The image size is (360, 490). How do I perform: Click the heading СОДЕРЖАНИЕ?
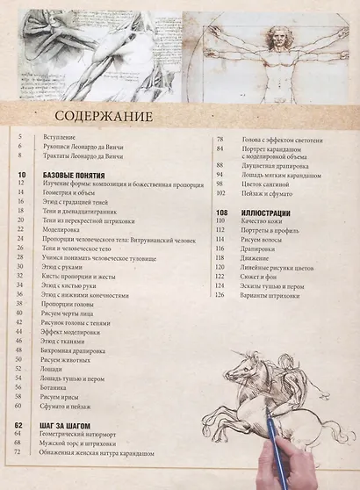pyautogui.click(x=103, y=117)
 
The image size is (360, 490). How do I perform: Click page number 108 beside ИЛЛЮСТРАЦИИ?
pyautogui.click(x=220, y=213)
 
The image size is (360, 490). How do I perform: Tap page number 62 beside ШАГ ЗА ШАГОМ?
pyautogui.click(x=18, y=425)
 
